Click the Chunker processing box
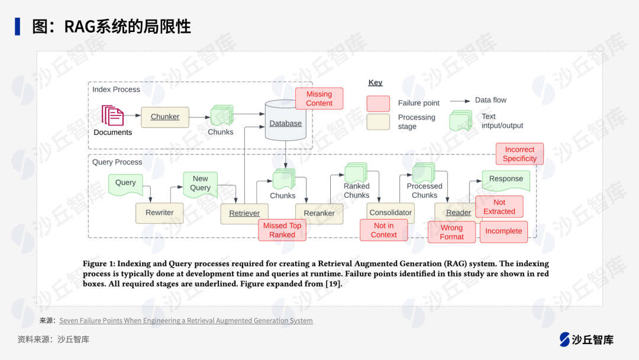click(x=164, y=117)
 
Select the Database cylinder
click(x=286, y=121)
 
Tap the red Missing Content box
click(x=319, y=99)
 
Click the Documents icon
click(x=112, y=116)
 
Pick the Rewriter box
click(x=159, y=213)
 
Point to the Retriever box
click(x=244, y=213)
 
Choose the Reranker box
click(x=319, y=213)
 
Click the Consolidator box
click(x=390, y=213)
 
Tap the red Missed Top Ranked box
click(x=282, y=230)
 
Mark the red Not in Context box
click(x=383, y=230)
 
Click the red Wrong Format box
click(x=451, y=232)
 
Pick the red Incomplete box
click(x=504, y=232)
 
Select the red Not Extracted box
click(x=499, y=207)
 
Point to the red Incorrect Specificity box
click(x=519, y=154)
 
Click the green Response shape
click(x=506, y=179)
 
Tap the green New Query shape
click(x=200, y=183)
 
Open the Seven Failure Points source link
click(x=186, y=321)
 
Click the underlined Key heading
click(x=375, y=83)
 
